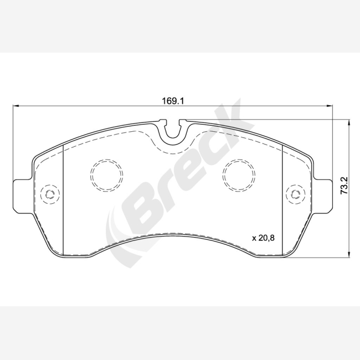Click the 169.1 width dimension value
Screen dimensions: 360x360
173,101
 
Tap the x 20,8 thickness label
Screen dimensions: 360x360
263,238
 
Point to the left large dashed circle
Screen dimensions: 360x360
106,175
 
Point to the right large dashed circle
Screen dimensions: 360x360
239,175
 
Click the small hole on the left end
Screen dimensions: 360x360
50,194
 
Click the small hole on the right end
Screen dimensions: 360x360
296,194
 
